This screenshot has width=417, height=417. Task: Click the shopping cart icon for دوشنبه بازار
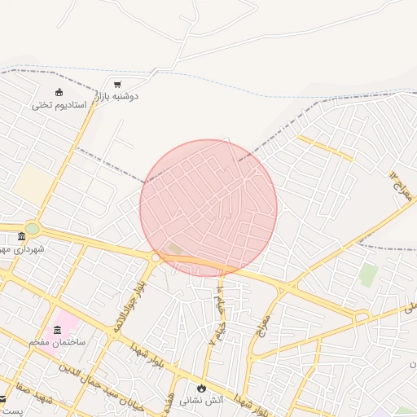(x=117, y=84)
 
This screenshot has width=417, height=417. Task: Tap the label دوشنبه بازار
(x=118, y=96)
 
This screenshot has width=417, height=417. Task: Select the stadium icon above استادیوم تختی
(x=59, y=92)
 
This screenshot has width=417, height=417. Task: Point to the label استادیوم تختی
(x=54, y=105)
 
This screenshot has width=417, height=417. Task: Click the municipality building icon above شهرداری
(x=22, y=236)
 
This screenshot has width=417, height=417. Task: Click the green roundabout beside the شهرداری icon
(x=32, y=229)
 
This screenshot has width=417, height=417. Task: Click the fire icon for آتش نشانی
(x=201, y=388)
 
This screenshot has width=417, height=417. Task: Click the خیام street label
(x=218, y=310)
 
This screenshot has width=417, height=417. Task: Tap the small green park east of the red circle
(x=369, y=275)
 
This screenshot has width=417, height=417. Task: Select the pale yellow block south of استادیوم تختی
(x=33, y=184)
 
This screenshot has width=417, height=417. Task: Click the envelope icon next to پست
(x=2, y=399)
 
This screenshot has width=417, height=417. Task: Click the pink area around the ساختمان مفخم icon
(x=67, y=322)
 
